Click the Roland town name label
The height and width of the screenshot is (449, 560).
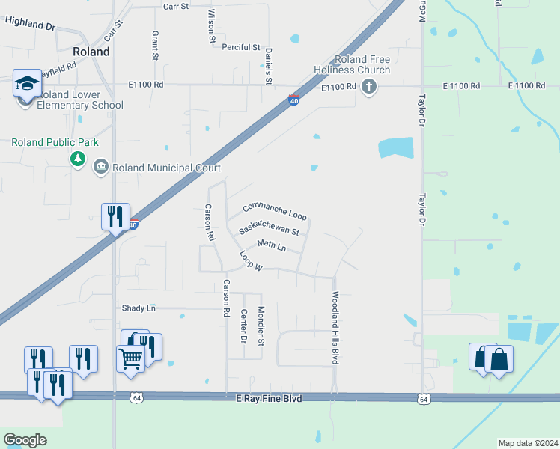pos(91,52)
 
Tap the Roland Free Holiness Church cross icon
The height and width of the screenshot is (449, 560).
pos(368,88)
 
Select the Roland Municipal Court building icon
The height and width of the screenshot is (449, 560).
pos(101,167)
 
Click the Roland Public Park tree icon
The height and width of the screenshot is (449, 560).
pos(77,159)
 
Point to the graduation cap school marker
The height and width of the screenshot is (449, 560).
pos(28,83)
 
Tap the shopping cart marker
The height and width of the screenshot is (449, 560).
pos(130,358)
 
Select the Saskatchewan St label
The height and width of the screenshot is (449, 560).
pos(269,227)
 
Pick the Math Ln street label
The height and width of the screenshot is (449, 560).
pos(271,245)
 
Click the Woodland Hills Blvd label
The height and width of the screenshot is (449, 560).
pos(335,328)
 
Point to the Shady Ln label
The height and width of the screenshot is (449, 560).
pos(139,308)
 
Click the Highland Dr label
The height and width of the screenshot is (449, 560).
pos(30,23)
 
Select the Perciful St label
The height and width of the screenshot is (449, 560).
pos(240,47)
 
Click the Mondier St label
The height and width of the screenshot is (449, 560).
pos(261,326)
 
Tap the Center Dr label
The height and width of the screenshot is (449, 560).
pos(243,327)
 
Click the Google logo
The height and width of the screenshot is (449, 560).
pos(25,440)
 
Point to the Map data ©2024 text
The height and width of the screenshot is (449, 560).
pos(527,443)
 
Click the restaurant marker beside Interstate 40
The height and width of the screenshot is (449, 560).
pos(116,217)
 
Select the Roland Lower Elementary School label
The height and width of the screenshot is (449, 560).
pos(79,105)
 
